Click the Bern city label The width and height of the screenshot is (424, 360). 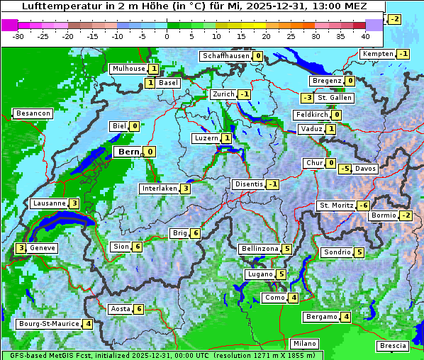click(x=129, y=152)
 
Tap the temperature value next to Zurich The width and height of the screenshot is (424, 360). click(x=245, y=94)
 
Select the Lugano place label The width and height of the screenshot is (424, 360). click(x=259, y=274)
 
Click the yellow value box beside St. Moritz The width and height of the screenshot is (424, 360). click(x=363, y=206)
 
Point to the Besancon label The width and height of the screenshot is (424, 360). click(x=33, y=113)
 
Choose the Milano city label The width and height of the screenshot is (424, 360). click(x=305, y=344)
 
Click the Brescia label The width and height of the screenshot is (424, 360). click(x=394, y=345)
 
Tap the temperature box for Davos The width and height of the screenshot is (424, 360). click(x=345, y=169)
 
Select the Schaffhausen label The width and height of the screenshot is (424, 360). click(x=225, y=56)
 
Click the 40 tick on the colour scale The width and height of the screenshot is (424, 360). click(x=365, y=35)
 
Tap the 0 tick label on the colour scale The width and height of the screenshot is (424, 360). click(x=167, y=35)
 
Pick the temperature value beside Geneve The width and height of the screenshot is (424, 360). click(x=21, y=248)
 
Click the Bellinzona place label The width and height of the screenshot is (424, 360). click(x=260, y=249)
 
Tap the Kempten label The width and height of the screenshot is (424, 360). click(x=378, y=54)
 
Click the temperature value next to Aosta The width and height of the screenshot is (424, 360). click(x=139, y=309)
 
